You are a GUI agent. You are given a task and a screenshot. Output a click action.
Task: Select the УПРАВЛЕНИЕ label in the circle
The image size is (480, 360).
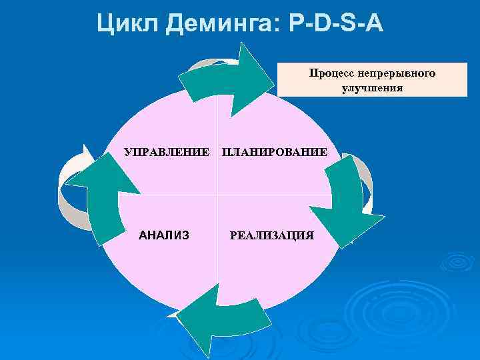pyautogui.click(x=167, y=153)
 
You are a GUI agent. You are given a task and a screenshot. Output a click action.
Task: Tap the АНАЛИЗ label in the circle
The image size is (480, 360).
pyautogui.click(x=163, y=235)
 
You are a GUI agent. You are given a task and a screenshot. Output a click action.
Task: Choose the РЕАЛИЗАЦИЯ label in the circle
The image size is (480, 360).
pyautogui.click(x=271, y=235)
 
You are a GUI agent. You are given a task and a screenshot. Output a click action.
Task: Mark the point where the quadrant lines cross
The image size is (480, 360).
pyautogui.click(x=219, y=194)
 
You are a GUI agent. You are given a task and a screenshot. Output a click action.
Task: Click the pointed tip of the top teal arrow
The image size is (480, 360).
pyautogui.click(x=273, y=85)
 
